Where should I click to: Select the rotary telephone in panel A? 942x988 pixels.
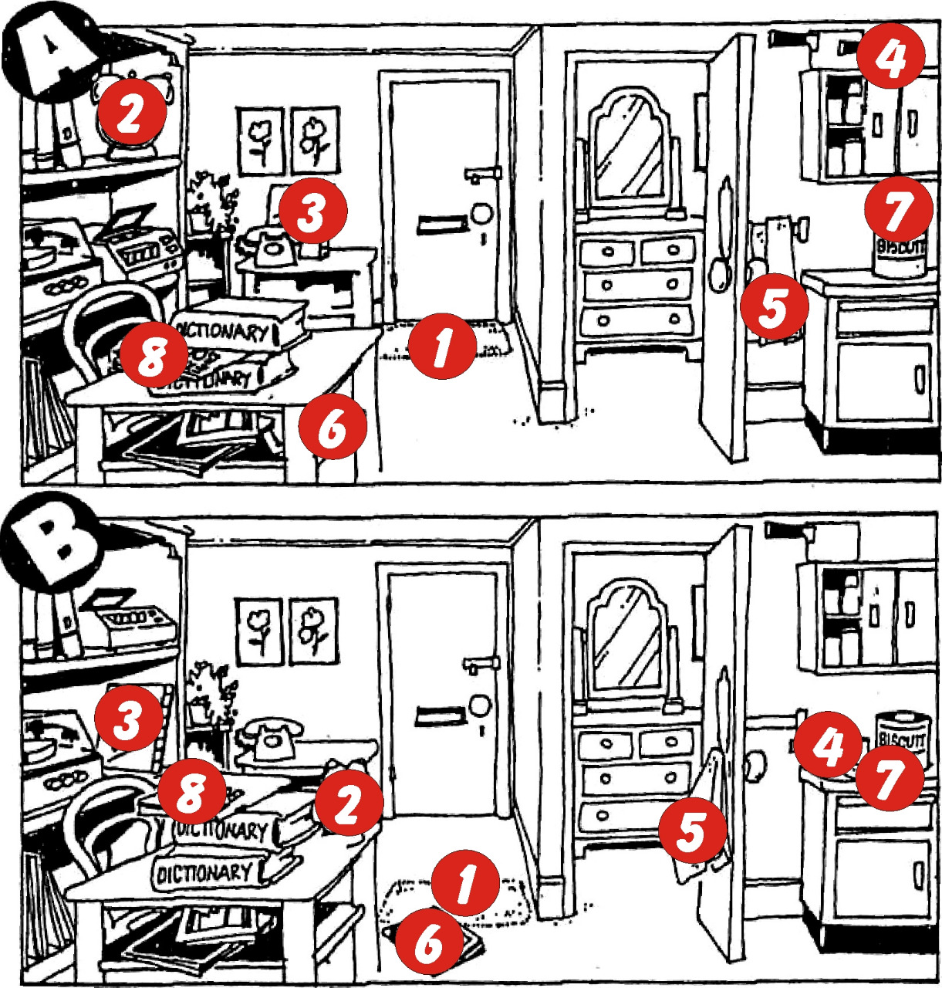coord(267,247)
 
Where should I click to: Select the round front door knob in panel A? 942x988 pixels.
coord(482,212)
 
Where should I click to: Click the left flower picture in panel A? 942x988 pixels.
coord(261,140)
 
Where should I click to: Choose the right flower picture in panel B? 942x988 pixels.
coord(313,631)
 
